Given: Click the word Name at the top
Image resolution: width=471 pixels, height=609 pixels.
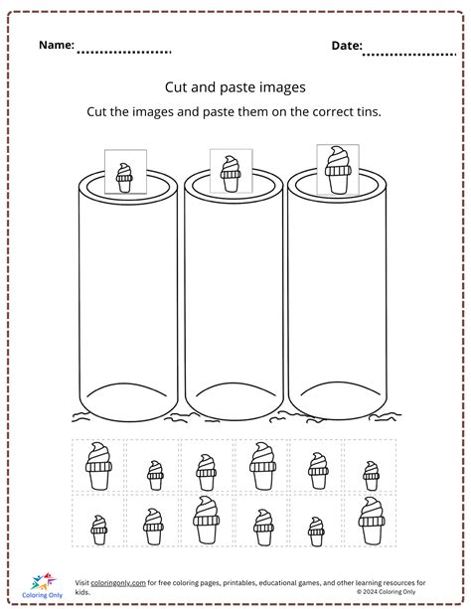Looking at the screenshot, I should point(57,46).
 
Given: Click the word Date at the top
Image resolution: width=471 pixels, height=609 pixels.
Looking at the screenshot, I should point(346,46).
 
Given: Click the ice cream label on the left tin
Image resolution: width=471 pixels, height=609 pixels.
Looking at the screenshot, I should point(125,172).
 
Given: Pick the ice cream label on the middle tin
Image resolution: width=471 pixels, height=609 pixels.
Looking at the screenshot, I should point(231,168).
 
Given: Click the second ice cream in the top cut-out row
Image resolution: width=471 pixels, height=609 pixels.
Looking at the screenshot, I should point(154,474).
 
